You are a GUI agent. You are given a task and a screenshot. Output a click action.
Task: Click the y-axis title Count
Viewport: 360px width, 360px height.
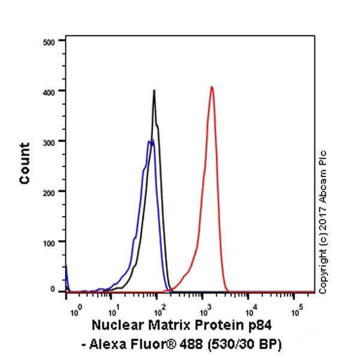[25, 163]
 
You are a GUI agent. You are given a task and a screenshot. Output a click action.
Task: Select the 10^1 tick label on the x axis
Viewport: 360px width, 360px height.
[113, 311]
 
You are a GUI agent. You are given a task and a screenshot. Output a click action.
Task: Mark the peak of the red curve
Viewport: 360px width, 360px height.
[212, 86]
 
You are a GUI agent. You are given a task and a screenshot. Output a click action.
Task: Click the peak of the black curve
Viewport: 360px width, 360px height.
[154, 91]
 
